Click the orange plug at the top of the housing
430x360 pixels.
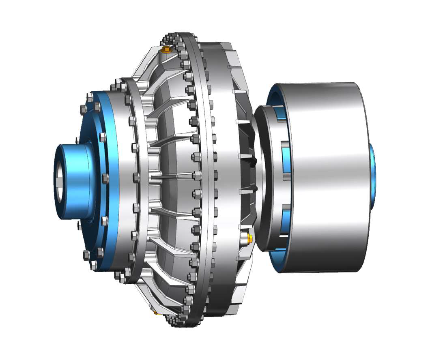166,50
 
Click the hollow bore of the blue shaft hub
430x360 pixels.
59,181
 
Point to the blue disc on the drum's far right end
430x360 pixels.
372,176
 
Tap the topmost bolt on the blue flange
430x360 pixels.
90,97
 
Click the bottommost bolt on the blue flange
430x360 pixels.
94,266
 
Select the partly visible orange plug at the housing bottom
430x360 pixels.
157,313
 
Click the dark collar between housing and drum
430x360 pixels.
262,178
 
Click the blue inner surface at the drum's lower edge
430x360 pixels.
280,259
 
